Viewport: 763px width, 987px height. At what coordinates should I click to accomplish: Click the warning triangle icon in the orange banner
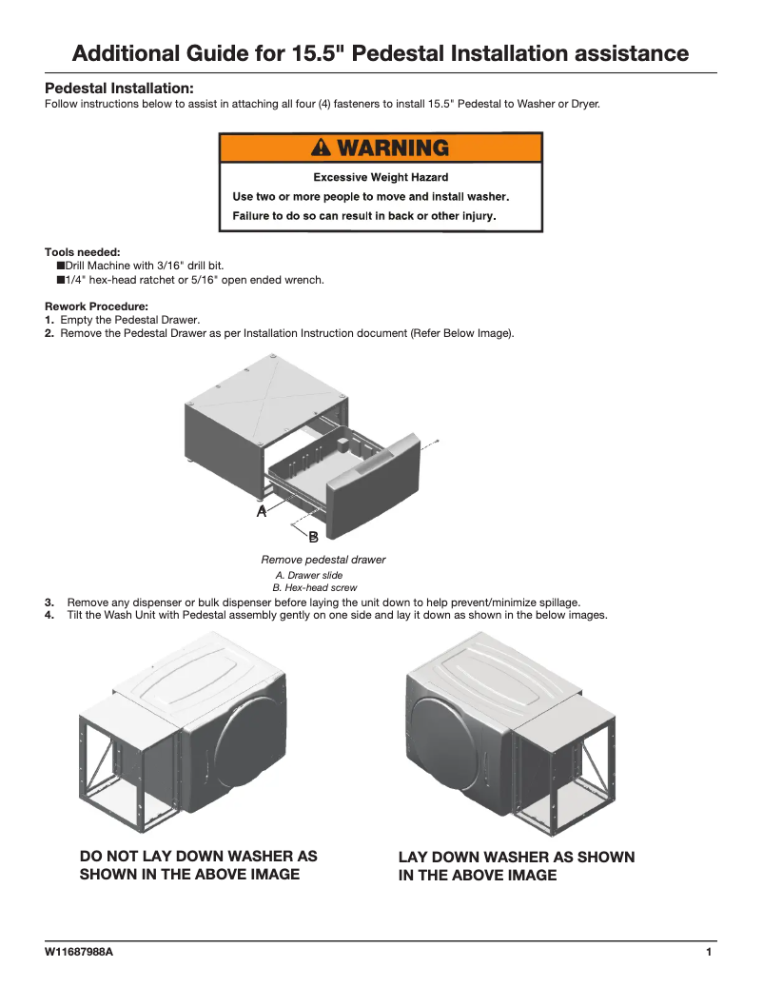(x=322, y=148)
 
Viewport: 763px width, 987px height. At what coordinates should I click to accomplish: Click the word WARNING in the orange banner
(x=392, y=148)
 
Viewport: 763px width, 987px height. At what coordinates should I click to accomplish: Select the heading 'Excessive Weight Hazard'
(x=381, y=177)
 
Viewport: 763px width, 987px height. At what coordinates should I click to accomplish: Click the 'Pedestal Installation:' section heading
(x=119, y=88)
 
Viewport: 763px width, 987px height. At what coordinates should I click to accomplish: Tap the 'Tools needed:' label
(x=82, y=252)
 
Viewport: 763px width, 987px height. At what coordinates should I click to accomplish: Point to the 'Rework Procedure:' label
(x=96, y=306)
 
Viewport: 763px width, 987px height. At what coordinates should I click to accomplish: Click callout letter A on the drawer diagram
(x=262, y=511)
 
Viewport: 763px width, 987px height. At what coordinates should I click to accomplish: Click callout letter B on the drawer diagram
(x=313, y=538)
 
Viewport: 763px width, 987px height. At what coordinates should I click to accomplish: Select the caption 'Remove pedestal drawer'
(x=323, y=560)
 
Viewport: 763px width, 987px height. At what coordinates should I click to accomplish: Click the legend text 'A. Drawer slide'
(x=308, y=576)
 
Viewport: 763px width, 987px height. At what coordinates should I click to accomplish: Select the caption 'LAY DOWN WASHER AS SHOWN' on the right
(x=516, y=858)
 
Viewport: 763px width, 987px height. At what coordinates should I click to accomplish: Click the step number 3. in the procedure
(x=49, y=602)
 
